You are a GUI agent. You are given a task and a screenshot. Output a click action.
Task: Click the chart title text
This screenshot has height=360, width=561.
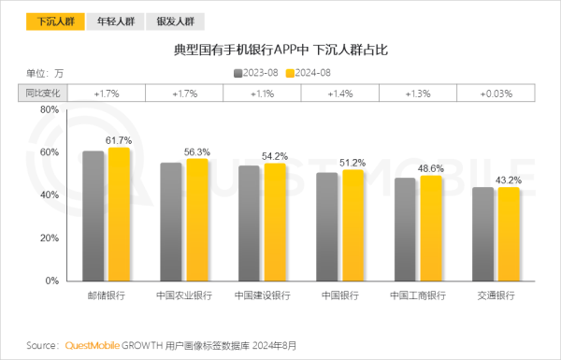click(x=280, y=49)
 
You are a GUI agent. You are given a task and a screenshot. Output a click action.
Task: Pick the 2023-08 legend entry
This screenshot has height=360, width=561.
click(x=257, y=72)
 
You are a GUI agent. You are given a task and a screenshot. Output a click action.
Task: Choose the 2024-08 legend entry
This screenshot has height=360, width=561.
click(x=308, y=72)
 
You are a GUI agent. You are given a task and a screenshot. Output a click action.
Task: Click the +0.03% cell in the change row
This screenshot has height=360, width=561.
click(x=496, y=94)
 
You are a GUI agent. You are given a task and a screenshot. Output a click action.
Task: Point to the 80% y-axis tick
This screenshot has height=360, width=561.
click(x=50, y=109)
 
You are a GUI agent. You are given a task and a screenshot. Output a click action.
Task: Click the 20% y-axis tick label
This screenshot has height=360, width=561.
click(x=50, y=238)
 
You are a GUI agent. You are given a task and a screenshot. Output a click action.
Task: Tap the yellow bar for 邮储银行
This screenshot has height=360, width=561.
click(x=119, y=214)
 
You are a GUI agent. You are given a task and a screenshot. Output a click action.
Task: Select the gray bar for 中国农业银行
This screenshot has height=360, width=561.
click(x=171, y=222)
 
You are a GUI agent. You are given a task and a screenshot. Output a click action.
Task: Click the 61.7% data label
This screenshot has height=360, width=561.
click(x=119, y=140)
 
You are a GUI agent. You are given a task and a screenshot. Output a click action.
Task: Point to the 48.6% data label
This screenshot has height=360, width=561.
click(x=431, y=168)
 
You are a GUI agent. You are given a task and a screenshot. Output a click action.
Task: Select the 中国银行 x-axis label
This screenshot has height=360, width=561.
click(x=339, y=295)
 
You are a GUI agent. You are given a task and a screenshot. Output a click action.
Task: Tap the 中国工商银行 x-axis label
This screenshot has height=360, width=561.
click(x=418, y=295)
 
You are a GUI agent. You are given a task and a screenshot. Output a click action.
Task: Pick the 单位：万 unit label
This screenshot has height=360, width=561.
click(x=44, y=72)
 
